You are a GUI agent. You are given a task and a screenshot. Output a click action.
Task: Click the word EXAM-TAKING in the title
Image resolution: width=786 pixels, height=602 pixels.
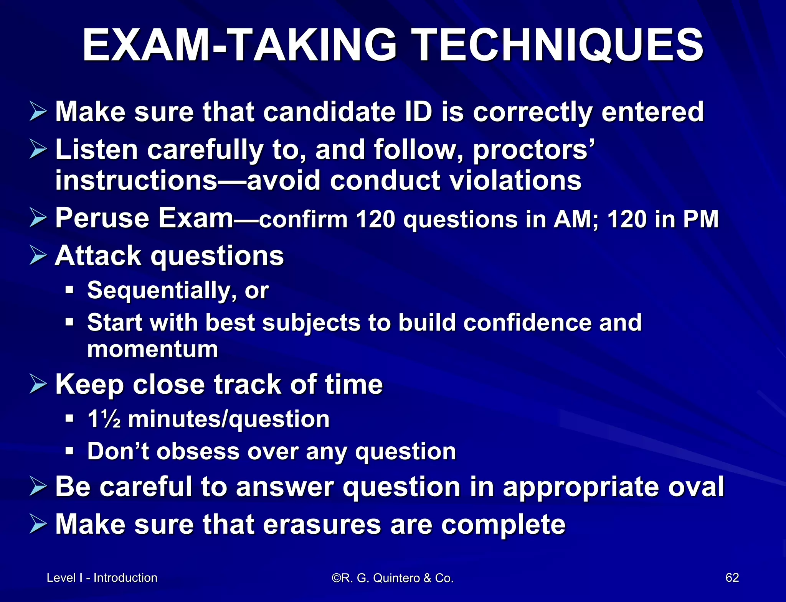240,45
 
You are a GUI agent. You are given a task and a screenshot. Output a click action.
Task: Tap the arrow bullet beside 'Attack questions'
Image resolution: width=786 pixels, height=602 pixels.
38,256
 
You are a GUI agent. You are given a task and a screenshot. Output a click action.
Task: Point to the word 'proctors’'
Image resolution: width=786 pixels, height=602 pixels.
534,150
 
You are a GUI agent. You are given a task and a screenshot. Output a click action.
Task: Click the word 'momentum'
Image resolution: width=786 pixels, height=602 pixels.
152,349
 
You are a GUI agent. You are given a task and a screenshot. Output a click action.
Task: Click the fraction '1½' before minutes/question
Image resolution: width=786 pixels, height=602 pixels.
104,419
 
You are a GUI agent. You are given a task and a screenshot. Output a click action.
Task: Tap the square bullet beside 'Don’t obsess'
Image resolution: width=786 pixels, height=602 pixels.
69,451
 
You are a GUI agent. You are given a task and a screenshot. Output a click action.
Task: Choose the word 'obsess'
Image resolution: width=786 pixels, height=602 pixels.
198,451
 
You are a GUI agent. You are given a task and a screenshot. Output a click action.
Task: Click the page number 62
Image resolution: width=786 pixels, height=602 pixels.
732,577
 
